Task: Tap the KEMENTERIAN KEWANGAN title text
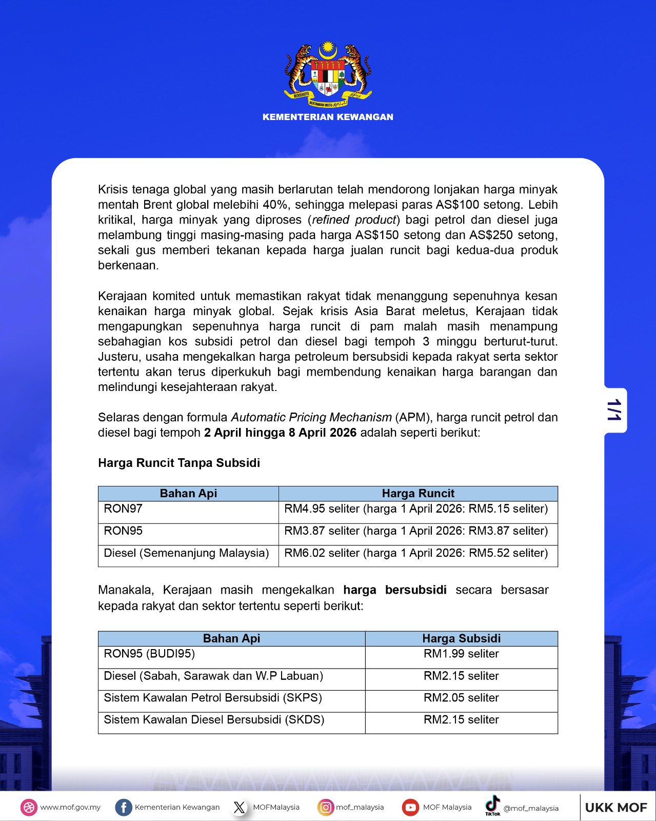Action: point(328,117)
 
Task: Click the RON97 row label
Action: point(123,509)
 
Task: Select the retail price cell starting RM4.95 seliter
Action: point(416,509)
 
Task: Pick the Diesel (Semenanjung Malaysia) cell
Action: point(186,553)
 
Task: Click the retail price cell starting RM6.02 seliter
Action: point(416,553)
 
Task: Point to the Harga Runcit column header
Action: point(418,494)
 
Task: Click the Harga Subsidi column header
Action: point(461,638)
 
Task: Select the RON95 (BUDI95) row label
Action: point(149,654)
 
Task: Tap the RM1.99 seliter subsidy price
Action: point(461,654)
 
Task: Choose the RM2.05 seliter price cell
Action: point(461,698)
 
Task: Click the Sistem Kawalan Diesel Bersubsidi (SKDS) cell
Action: point(214,720)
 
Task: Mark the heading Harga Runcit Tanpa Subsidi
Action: point(179,463)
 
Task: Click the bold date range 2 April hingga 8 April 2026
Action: point(280,433)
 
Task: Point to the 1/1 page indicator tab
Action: point(614,410)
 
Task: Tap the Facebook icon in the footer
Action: point(123,807)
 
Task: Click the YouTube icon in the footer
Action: point(410,807)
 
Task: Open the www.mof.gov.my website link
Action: point(70,807)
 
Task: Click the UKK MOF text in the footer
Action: point(616,808)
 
